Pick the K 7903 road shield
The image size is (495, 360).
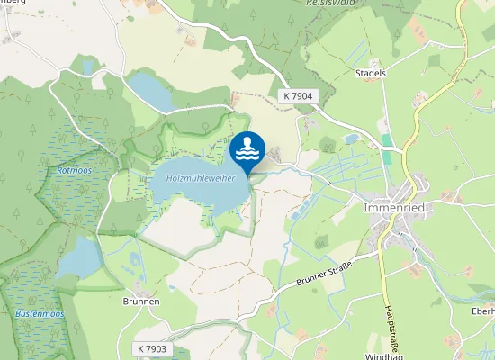click(153, 348)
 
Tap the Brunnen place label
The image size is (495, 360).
click(141, 301)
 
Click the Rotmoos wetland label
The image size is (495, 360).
click(74, 169)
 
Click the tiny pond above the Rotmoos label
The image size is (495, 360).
click(87, 67)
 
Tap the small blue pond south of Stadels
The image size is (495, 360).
click(351, 139)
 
